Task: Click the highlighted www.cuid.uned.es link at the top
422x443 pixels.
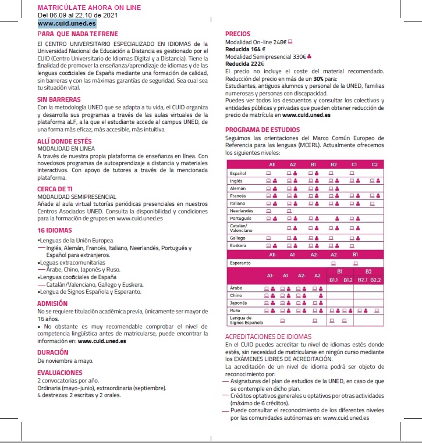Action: (66, 24)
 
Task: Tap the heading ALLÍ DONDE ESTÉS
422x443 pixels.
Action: (64, 141)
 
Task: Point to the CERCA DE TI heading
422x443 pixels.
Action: (55, 190)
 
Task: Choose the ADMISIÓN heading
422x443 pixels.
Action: (52, 303)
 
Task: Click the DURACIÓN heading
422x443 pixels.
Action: (53, 352)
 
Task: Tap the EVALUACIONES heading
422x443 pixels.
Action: (59, 373)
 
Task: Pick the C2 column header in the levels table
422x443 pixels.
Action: (374, 165)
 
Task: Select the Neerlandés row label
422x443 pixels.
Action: (242, 210)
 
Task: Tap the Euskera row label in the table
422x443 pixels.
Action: (239, 246)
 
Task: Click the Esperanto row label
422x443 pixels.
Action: (240, 263)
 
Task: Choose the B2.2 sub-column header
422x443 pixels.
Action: (375, 280)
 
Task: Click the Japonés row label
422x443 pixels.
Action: (239, 303)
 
